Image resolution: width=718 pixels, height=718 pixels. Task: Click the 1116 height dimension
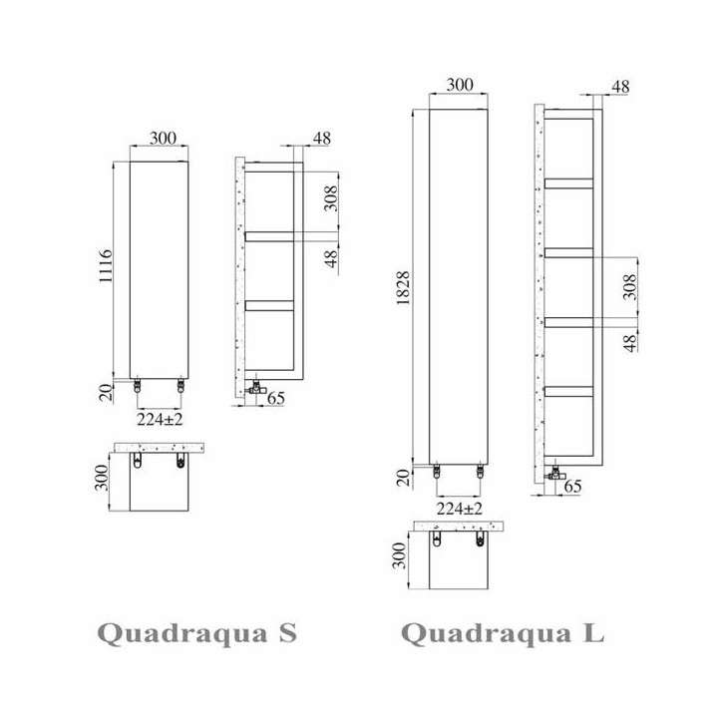[106, 266]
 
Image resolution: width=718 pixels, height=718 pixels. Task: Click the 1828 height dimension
[403, 288]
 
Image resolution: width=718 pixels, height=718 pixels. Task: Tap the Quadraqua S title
[196, 634]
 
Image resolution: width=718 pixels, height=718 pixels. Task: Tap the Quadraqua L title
[503, 634]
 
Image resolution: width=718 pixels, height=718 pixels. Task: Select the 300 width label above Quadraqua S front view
[163, 138]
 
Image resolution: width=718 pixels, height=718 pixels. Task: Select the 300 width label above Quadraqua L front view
[460, 85]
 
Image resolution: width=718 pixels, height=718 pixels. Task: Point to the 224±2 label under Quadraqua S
[160, 419]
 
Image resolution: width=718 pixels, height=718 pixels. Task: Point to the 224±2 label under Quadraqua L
[460, 509]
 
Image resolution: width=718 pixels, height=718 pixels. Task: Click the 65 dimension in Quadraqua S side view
[276, 398]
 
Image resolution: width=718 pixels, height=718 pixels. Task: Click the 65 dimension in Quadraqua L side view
[572, 486]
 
